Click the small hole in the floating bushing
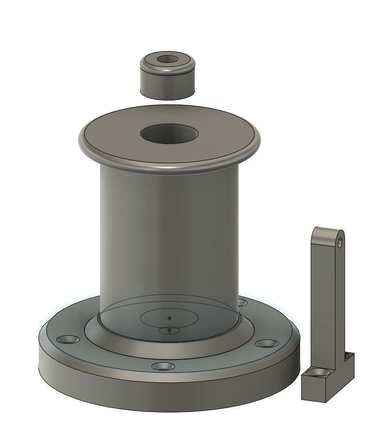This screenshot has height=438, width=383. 167,59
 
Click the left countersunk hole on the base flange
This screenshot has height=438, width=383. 68,340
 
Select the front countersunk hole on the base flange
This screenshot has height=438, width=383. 162,366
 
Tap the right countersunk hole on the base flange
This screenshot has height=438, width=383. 265,343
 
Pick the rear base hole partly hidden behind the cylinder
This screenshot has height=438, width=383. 242,302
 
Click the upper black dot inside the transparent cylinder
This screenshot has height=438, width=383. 169,318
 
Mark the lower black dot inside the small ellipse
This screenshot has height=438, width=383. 169,330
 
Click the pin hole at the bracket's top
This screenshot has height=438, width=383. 340,241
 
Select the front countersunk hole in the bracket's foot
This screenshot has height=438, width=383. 318,374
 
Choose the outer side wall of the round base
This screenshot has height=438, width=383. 167,397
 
